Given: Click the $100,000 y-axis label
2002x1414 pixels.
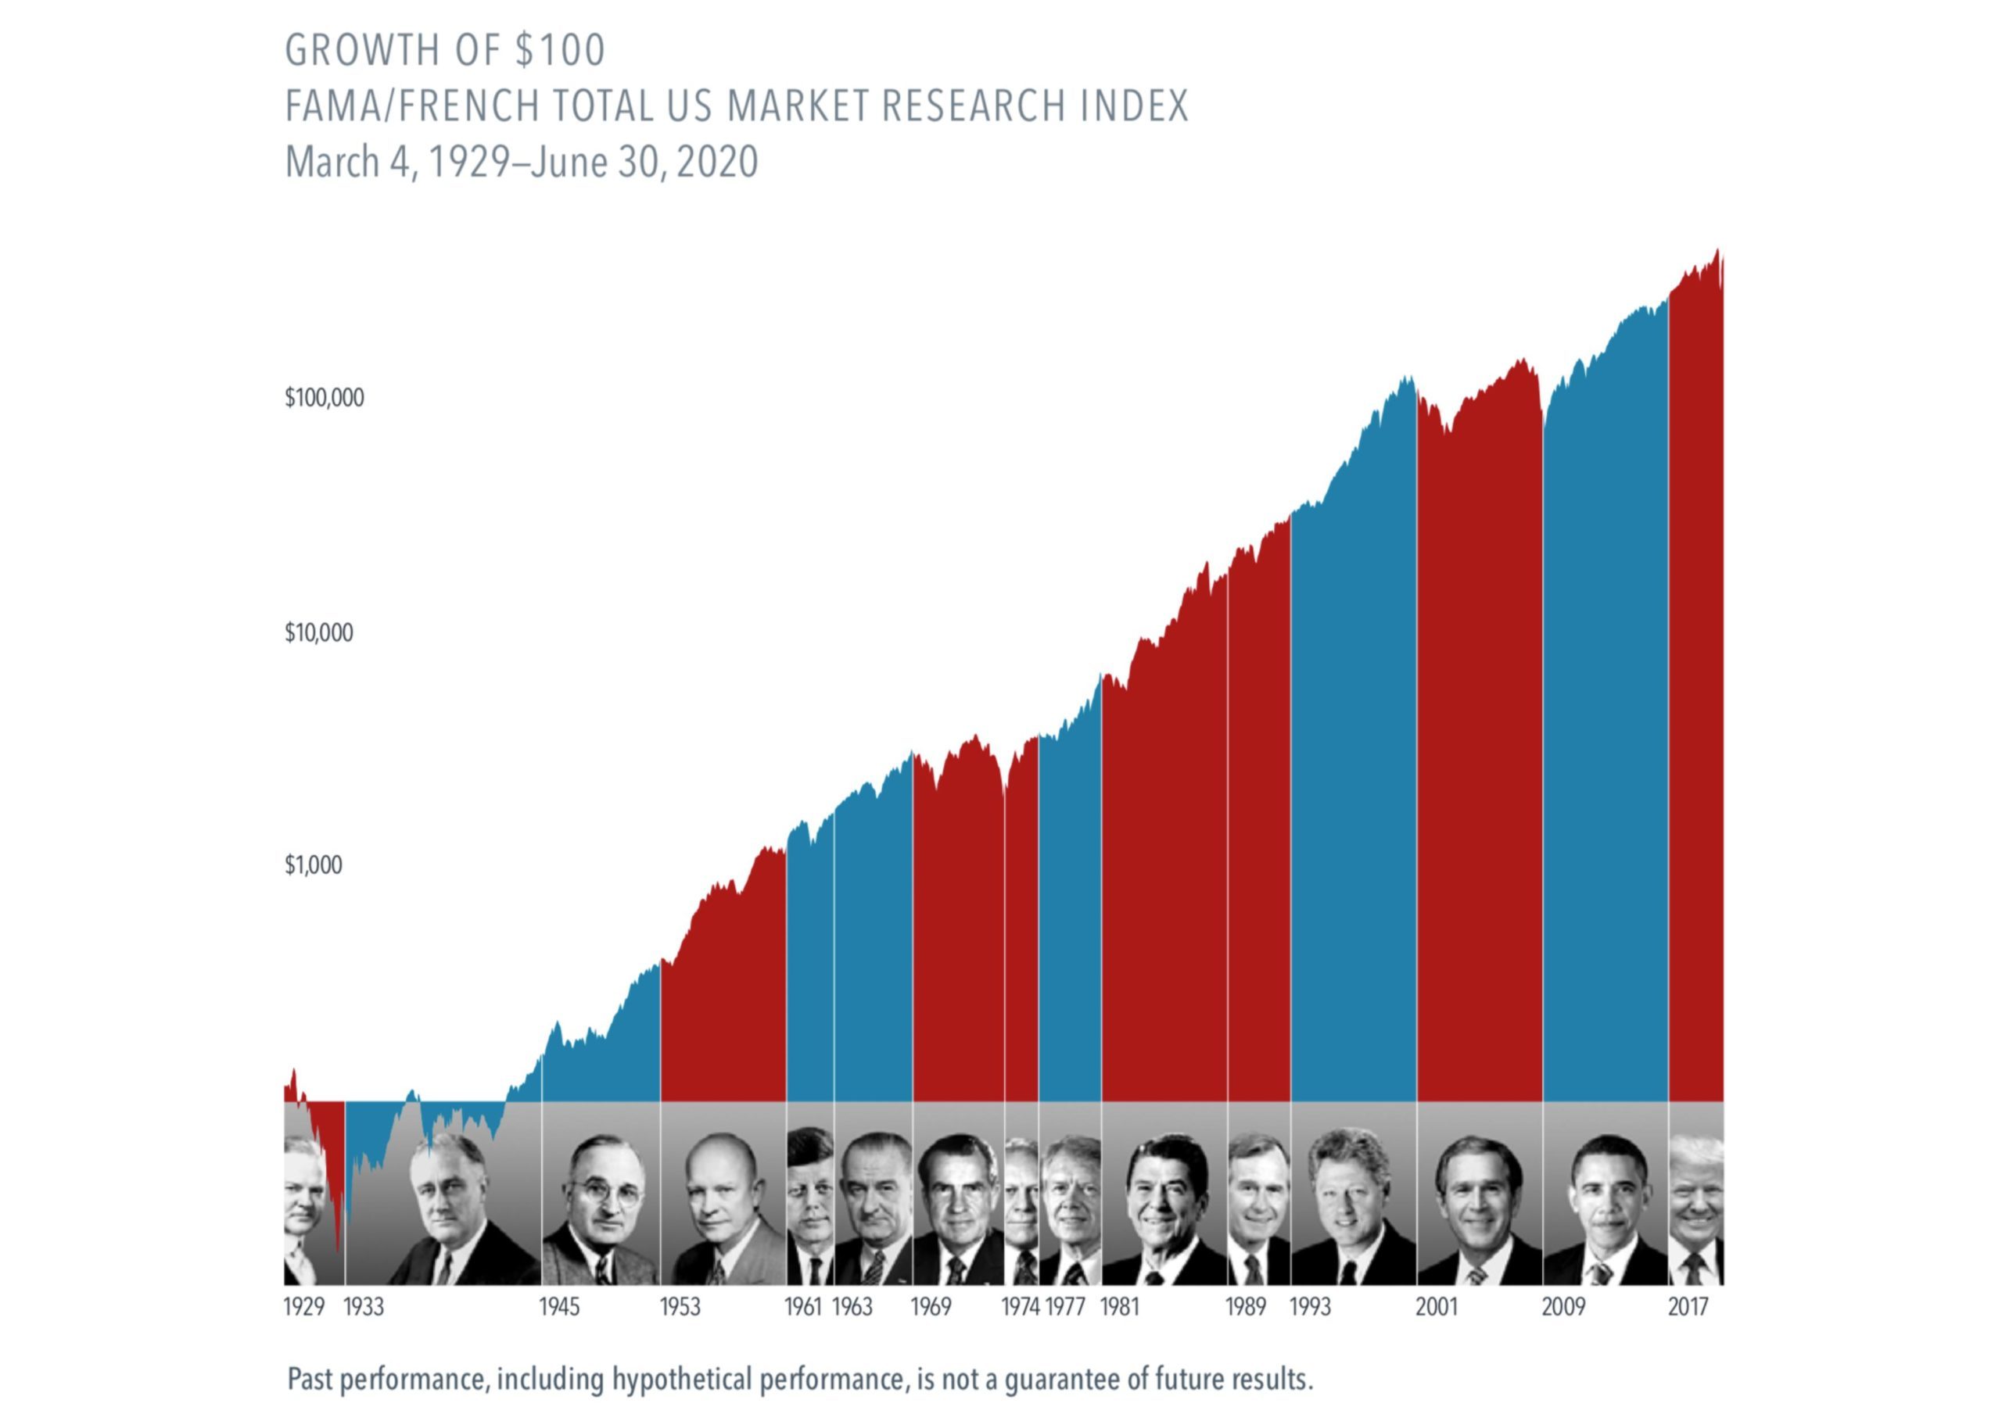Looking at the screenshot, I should click(324, 399).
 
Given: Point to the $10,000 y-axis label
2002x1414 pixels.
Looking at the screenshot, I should click(318, 633).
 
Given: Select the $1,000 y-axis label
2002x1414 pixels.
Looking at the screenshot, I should click(313, 865).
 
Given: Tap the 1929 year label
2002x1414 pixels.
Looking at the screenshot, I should click(303, 1307).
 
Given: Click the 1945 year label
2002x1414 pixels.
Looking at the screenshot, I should click(559, 1307).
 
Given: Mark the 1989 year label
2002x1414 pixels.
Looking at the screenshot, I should click(1245, 1307).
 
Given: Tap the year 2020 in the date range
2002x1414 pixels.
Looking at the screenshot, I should click(717, 163).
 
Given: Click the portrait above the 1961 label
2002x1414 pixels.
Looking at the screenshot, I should click(810, 1208).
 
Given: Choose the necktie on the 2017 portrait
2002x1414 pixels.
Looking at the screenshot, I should click(1693, 1268).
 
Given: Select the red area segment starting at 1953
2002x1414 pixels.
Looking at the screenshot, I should click(723, 1003).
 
